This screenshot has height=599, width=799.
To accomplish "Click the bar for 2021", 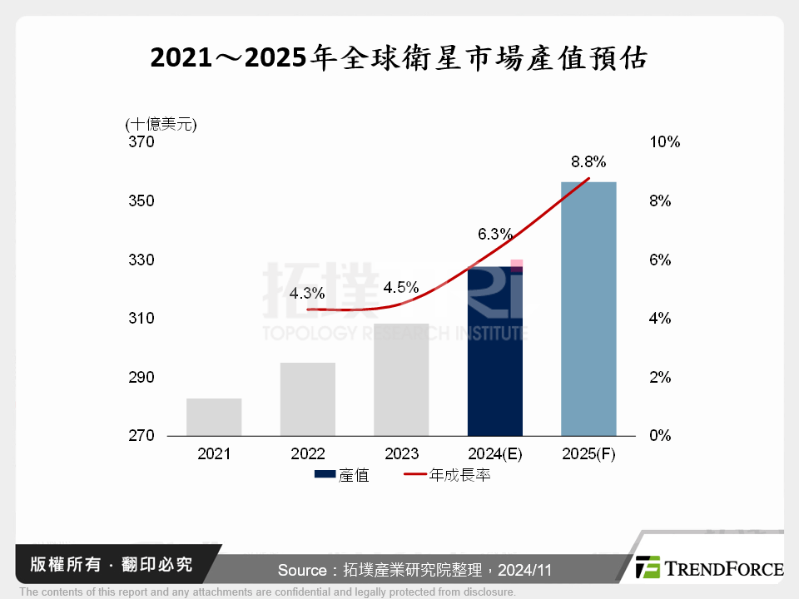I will coord(214,417).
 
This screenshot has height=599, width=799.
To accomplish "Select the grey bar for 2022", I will coord(308,399).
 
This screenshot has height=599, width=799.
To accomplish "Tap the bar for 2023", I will coord(401,379).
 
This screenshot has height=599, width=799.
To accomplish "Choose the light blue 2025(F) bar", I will coord(588,308).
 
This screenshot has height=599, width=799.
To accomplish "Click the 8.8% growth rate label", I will coord(588,161).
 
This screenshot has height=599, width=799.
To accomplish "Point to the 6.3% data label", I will coord(495,234).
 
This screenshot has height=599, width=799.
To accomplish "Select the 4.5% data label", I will coord(401,288).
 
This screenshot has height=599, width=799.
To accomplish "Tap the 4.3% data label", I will coord(307,293).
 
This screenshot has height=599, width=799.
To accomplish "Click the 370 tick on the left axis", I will coord(142,142).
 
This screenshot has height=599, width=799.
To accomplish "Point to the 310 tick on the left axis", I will coord(142,319).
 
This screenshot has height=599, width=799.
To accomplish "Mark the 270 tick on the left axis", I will coord(142,436).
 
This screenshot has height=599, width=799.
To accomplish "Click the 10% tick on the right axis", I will coord(663,142).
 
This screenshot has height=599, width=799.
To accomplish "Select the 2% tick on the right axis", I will coord(659,378).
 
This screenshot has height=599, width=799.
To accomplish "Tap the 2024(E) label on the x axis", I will coord(495,454).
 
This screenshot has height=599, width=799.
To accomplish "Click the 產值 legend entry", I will coord(343,476).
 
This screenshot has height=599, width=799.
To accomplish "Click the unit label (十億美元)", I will coord(161,124).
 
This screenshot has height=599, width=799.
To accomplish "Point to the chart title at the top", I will coord(399,58).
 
